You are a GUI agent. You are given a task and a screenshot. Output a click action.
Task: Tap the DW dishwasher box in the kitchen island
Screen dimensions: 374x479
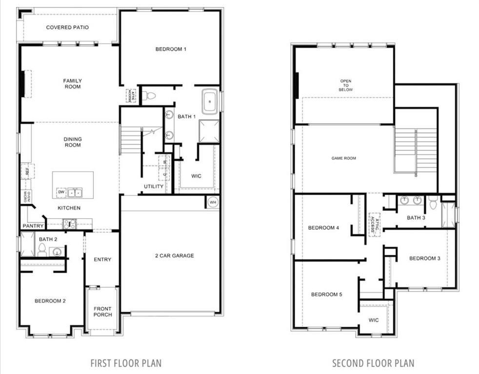pos(61,192)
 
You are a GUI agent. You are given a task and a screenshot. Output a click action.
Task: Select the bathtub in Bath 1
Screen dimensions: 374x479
pos(210,102)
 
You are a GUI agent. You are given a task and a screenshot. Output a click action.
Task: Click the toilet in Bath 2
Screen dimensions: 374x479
pos(42,250)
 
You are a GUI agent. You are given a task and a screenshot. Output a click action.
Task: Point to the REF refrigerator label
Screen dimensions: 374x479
pos(25,171)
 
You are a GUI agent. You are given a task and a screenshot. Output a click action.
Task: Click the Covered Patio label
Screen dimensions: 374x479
pos(67,27)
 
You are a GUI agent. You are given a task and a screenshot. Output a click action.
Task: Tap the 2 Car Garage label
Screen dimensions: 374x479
pos(175,256)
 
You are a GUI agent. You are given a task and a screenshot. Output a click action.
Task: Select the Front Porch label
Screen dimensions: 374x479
pos(102,312)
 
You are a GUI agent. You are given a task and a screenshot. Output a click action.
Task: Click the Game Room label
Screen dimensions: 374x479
pos(343,158)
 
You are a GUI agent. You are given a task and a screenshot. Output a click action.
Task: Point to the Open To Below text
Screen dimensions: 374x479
pos(346,85)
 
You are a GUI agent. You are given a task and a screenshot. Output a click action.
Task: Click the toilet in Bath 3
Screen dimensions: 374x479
pos(433,203)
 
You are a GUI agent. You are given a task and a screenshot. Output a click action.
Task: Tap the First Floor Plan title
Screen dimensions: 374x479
pos(126,363)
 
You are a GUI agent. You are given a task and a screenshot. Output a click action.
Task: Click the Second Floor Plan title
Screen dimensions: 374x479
pos(373,363)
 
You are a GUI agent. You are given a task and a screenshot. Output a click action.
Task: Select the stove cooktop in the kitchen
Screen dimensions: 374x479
pos(69,224)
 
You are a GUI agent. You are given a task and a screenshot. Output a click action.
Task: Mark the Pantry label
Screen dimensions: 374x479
pos(33,226)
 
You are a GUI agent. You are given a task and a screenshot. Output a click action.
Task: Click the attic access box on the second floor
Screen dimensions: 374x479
pos(374,224)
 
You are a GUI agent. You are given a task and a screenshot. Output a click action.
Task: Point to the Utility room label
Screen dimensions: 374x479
pos(154,187)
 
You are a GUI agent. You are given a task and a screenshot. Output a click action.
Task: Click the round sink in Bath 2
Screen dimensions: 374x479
pos(57,252)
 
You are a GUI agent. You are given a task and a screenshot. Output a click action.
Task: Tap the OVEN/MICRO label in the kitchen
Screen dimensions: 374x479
pos(25,196)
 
